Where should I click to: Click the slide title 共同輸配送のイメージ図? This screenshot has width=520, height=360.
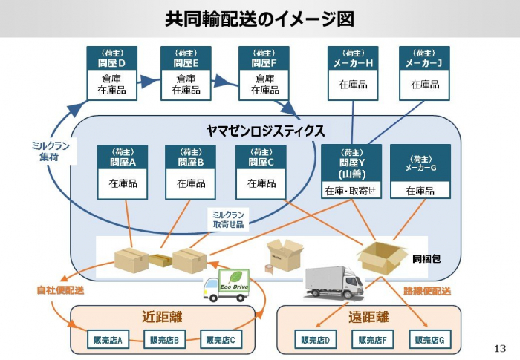(259, 19)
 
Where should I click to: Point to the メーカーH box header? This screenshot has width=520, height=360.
(353, 59)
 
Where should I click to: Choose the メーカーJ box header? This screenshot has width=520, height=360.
(424, 59)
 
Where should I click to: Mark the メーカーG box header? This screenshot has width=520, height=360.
(420, 163)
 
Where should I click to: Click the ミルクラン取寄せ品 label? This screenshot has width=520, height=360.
(227, 218)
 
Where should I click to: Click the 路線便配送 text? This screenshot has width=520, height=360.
(427, 291)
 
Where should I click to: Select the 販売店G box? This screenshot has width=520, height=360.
(429, 341)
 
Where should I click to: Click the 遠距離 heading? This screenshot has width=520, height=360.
(368, 317)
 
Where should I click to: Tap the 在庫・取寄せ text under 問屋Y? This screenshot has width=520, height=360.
(350, 191)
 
